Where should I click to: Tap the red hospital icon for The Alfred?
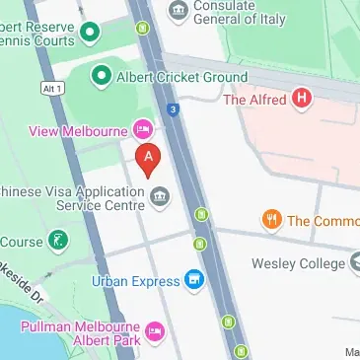click(x=303, y=99)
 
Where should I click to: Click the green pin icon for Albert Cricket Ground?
click(x=101, y=75)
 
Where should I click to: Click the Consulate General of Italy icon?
click(x=179, y=11)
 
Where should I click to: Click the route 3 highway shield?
click(x=173, y=109)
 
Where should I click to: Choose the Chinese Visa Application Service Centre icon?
click(x=158, y=200)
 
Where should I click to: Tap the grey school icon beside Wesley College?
click(x=354, y=263)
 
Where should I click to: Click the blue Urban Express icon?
click(x=194, y=281)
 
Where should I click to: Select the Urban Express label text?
click(x=136, y=281)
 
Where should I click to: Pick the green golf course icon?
click(x=59, y=240)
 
